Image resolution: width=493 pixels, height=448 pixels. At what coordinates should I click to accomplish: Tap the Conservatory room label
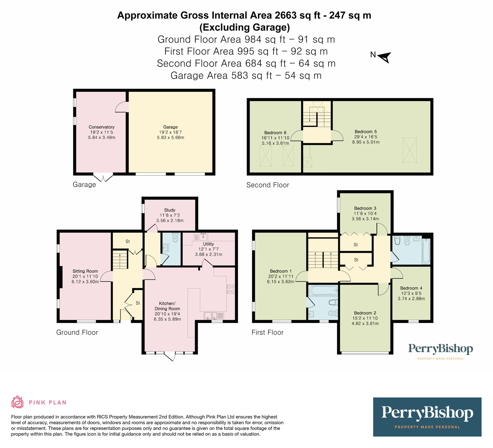[101, 127]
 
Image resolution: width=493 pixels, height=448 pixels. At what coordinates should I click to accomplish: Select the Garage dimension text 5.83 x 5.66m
[170, 137]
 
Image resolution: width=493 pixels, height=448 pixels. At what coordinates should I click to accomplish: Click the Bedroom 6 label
[275, 133]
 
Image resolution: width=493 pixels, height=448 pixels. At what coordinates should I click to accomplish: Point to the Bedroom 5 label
[365, 132]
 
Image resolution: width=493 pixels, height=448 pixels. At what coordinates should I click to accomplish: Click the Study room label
[170, 210]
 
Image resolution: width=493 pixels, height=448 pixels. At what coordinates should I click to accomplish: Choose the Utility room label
[208, 244]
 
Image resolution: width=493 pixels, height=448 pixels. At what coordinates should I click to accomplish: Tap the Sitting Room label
[85, 271]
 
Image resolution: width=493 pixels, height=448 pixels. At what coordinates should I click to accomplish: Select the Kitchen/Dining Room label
[167, 306]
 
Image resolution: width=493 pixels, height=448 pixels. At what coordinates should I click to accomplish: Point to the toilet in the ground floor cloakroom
[175, 238]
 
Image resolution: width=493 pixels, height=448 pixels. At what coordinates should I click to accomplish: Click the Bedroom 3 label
[365, 208]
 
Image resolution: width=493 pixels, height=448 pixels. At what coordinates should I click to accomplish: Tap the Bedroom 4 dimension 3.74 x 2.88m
[411, 299]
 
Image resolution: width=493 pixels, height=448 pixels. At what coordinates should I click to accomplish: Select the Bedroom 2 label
[365, 313]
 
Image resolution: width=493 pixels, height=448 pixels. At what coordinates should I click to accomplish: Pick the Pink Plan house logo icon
[17, 402]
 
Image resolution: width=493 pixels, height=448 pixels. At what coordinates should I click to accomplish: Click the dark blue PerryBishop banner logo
[427, 417]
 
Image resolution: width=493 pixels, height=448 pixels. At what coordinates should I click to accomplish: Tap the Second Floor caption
[267, 185]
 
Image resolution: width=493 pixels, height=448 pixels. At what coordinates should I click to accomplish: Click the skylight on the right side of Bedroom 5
[409, 150]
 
